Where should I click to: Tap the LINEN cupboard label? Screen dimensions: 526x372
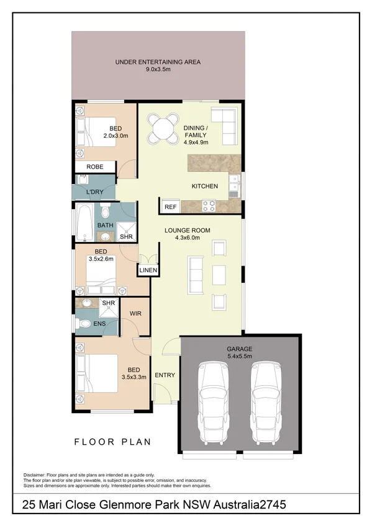point(148,270)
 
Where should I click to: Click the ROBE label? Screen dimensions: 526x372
point(94,167)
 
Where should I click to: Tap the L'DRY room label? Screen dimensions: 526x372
point(94,192)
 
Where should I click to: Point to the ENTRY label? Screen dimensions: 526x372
point(165,375)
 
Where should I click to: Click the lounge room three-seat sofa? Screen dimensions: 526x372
point(195,274)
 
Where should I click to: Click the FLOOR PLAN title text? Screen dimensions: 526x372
point(112,442)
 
